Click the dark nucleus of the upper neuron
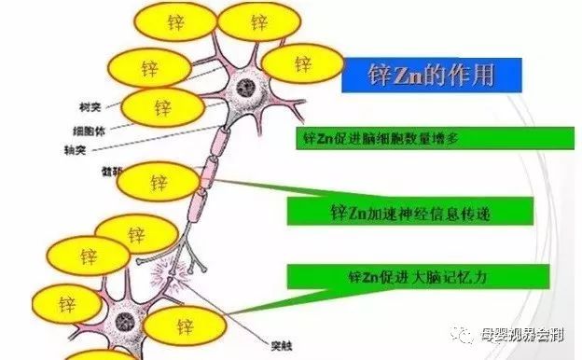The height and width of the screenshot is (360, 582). pyautogui.click(x=246, y=90)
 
